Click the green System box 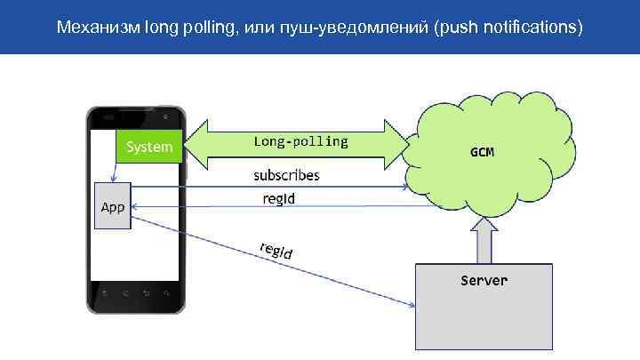149,147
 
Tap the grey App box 112,206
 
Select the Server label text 484,281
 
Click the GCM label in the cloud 482,152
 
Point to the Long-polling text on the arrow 300,141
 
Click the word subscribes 286,175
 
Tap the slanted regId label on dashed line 276,251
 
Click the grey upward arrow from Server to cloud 484,240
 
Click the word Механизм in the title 92,28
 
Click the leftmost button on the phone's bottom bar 106,292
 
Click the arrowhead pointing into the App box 134,207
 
